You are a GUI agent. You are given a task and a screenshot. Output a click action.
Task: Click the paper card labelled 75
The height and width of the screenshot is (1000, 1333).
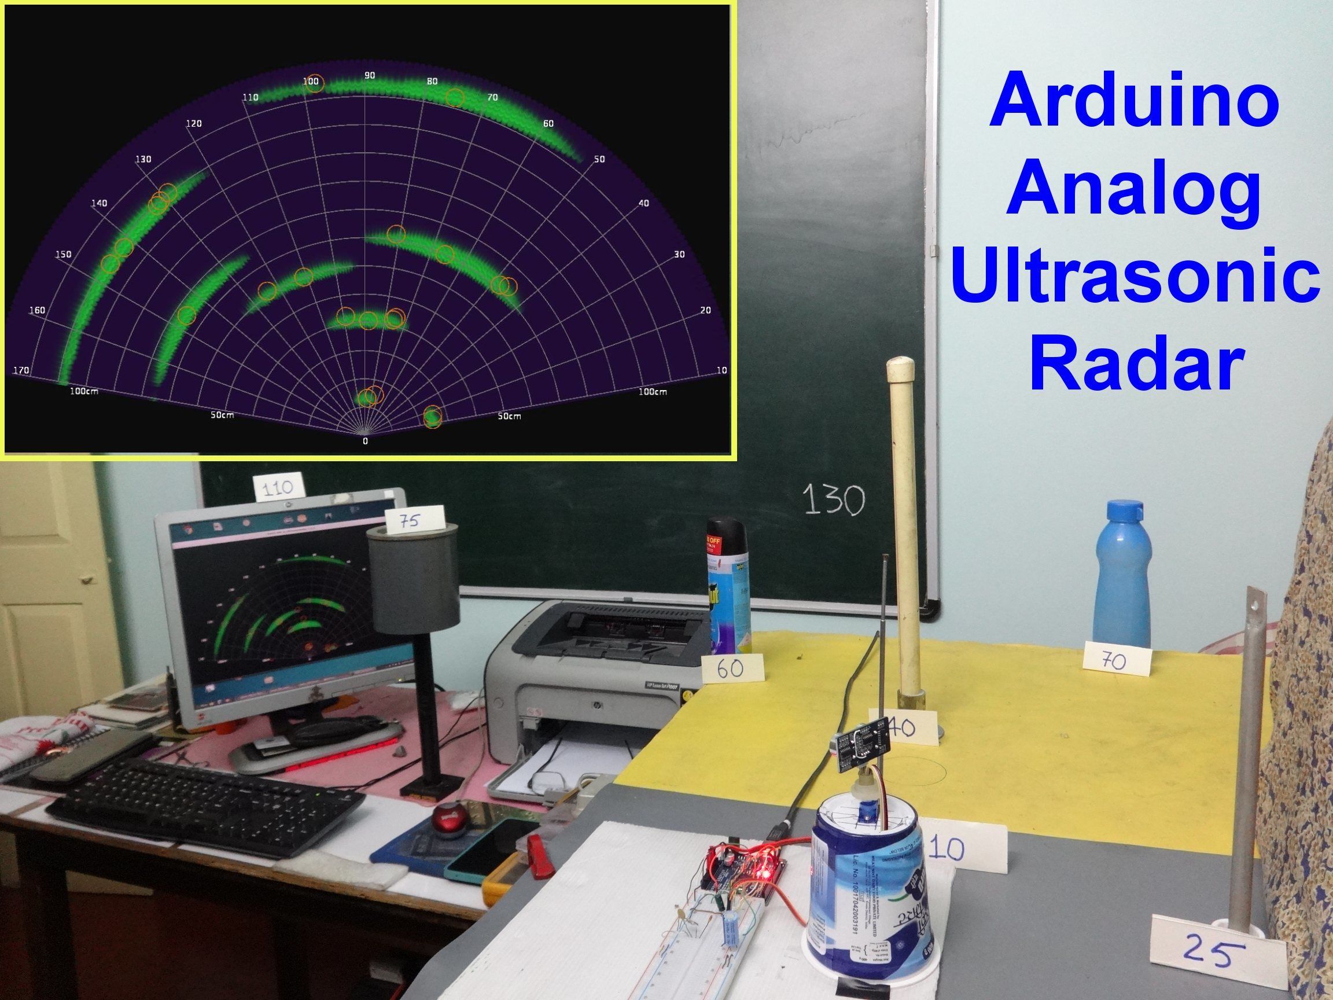pos(415,521)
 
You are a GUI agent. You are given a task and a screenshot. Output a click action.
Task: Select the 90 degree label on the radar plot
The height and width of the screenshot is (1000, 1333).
pos(369,75)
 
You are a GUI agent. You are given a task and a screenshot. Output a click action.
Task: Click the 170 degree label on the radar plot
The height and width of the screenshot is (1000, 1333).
pos(21,369)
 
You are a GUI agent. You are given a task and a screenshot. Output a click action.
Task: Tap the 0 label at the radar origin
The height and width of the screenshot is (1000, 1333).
pos(365,441)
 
